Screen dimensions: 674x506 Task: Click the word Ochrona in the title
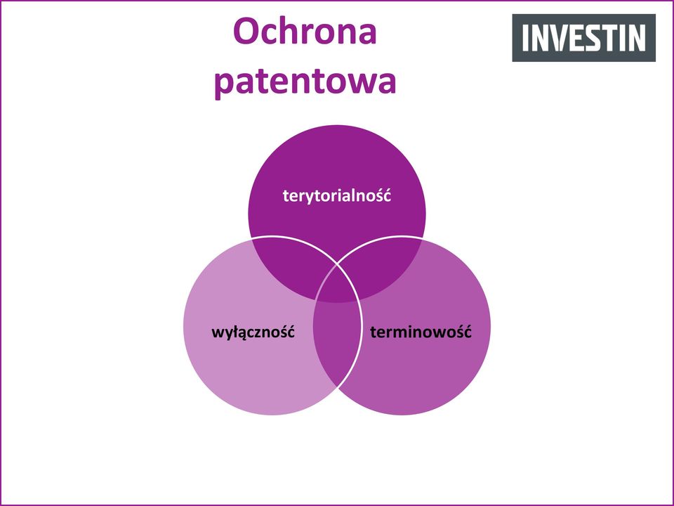(305, 31)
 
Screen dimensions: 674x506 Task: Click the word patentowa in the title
(305, 82)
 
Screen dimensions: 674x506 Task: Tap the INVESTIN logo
(583, 38)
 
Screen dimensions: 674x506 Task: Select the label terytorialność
(337, 196)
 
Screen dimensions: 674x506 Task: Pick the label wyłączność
(253, 332)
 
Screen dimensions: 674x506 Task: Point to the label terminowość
(421, 332)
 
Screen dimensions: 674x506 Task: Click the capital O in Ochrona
(246, 32)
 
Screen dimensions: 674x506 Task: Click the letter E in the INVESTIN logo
(576, 38)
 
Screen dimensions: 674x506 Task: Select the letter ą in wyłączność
(241, 335)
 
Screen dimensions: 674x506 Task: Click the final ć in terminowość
(468, 332)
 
